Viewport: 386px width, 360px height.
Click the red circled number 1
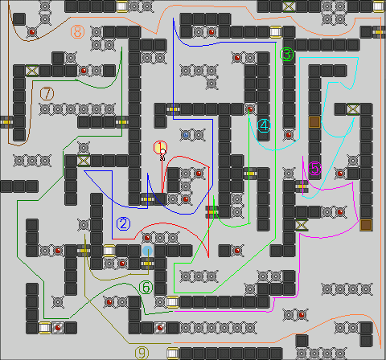click(x=160, y=147)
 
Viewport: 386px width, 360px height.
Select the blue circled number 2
click(x=123, y=223)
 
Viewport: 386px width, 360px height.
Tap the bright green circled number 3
click(x=287, y=55)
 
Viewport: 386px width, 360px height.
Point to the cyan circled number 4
click(x=264, y=125)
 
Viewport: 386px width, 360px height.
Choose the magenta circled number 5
click(x=314, y=169)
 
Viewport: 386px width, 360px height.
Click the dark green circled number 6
click(x=146, y=288)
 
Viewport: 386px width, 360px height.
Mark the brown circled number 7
click(x=47, y=93)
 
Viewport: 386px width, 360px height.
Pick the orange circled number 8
click(x=77, y=32)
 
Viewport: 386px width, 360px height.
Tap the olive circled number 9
click(x=142, y=353)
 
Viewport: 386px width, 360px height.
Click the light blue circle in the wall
click(x=147, y=251)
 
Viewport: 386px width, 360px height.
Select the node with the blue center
click(x=186, y=135)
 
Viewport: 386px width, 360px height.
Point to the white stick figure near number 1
click(x=162, y=155)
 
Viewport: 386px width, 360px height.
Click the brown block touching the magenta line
click(x=366, y=225)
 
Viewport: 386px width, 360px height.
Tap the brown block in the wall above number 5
click(x=314, y=122)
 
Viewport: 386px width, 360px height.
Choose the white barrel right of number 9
click(x=173, y=354)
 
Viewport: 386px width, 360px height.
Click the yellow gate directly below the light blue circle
click(x=147, y=264)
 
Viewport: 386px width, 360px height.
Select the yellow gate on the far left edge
click(x=6, y=122)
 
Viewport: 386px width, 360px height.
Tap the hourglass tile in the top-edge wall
click(x=289, y=6)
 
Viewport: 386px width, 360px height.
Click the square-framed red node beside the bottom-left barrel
click(x=58, y=328)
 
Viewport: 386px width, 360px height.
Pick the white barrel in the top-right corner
click(x=379, y=6)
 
